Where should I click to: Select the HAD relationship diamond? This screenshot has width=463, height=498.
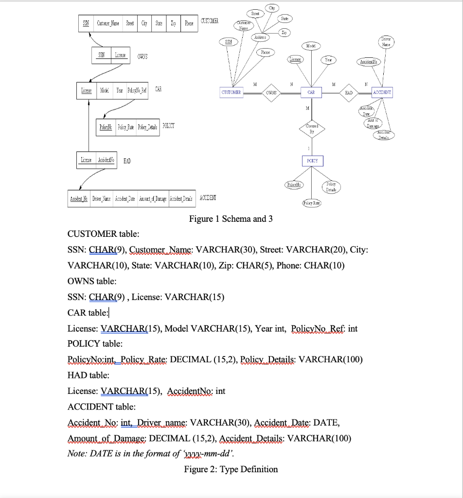[349, 92]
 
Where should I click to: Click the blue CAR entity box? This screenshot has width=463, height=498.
[311, 92]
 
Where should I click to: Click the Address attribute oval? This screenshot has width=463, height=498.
[261, 37]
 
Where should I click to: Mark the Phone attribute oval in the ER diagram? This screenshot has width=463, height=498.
[266, 52]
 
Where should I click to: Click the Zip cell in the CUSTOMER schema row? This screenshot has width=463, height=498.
[174, 23]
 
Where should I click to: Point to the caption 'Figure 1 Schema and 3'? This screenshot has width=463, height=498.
[231, 219]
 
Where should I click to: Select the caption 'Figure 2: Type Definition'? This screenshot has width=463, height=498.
[231, 469]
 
